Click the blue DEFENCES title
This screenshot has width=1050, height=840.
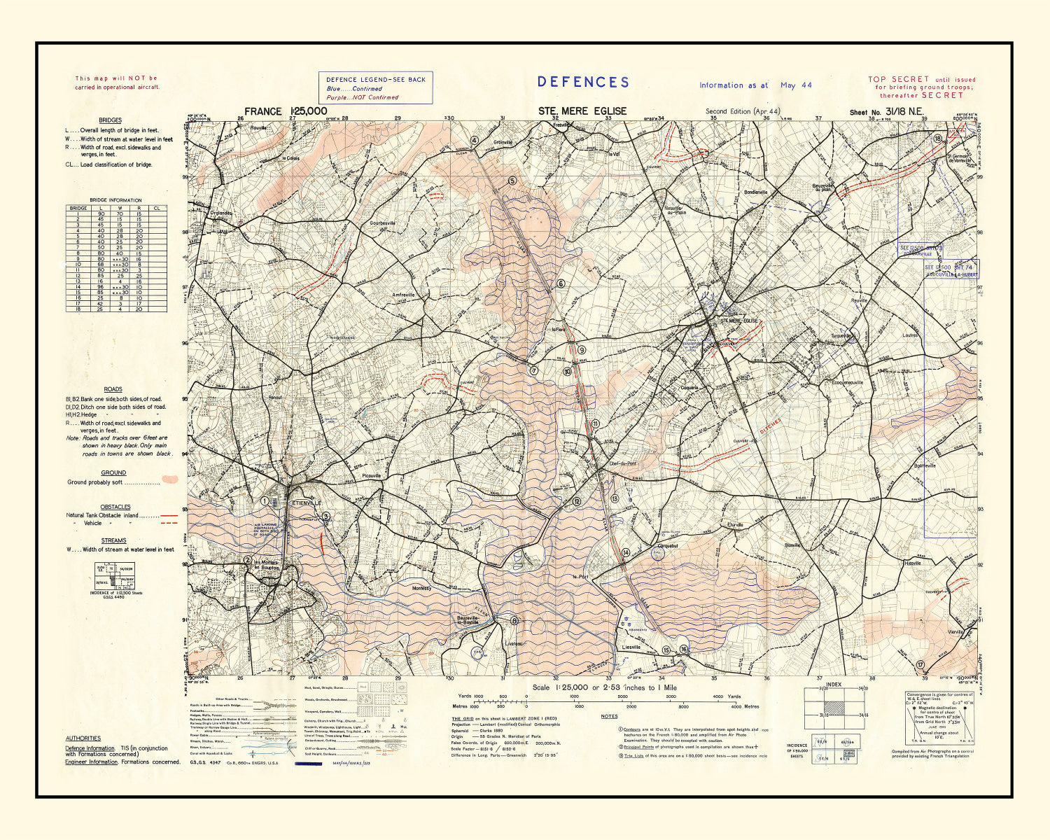(583, 82)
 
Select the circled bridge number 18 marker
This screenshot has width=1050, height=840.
(937, 139)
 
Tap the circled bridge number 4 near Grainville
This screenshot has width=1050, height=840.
(474, 140)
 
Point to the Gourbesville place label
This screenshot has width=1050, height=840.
(383, 223)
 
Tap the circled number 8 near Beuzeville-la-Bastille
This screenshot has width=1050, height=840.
(514, 620)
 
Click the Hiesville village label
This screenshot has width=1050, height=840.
(913, 563)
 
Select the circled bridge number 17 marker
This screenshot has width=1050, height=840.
(921, 664)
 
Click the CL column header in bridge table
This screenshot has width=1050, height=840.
(157, 208)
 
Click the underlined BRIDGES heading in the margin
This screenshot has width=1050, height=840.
(110, 120)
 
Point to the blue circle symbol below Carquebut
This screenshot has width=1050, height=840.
(658, 556)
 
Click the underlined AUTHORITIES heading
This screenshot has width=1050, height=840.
(83, 738)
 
